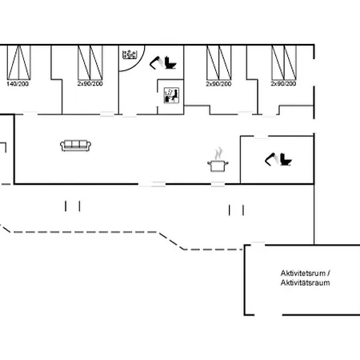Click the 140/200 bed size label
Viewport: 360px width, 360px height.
(18, 84)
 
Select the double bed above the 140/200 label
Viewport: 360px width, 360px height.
(19, 62)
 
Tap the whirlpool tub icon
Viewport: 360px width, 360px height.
(130, 54)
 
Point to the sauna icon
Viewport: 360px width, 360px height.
(171, 95)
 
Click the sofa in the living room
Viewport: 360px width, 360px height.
(76, 146)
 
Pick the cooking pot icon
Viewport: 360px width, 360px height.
(218, 166)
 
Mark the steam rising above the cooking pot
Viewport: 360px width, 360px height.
(218, 153)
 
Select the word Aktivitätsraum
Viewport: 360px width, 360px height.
(305, 282)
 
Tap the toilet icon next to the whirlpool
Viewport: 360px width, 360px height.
(170, 62)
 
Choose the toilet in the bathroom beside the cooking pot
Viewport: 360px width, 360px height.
(286, 159)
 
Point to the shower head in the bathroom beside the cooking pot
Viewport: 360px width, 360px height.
(272, 159)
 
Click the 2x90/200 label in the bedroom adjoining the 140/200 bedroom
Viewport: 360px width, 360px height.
(90, 84)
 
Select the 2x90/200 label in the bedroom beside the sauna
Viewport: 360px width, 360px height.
(218, 84)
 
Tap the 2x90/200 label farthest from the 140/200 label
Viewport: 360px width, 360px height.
(283, 84)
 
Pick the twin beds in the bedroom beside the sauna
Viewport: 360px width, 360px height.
(219, 62)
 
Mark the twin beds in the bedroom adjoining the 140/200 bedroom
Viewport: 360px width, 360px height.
(90, 62)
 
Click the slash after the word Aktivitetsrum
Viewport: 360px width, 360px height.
(329, 274)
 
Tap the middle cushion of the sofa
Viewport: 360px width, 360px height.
(76, 144)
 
